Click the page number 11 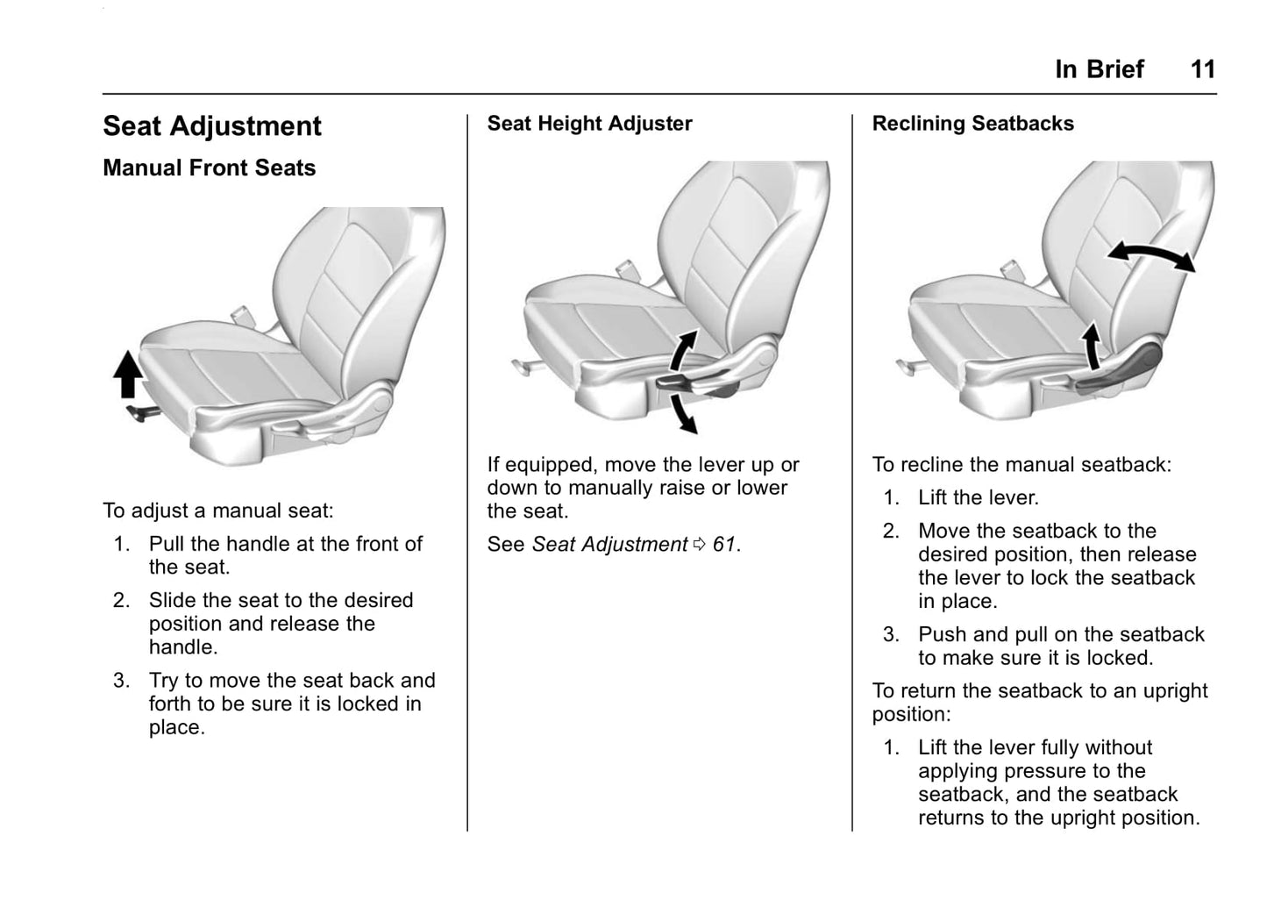coord(1202,69)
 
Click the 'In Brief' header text coord(1099,69)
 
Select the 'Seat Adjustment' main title coord(212,126)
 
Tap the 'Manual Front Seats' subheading coord(209,168)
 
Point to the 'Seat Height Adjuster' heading coord(589,124)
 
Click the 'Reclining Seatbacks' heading coord(972,124)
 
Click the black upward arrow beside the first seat coord(129,374)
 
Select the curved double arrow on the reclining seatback coord(1150,255)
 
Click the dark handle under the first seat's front coord(143,412)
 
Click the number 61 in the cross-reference coord(724,545)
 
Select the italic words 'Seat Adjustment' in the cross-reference coord(609,545)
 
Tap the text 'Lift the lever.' coord(978,498)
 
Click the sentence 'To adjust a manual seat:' coord(217,511)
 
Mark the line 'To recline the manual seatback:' coord(1021,465)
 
